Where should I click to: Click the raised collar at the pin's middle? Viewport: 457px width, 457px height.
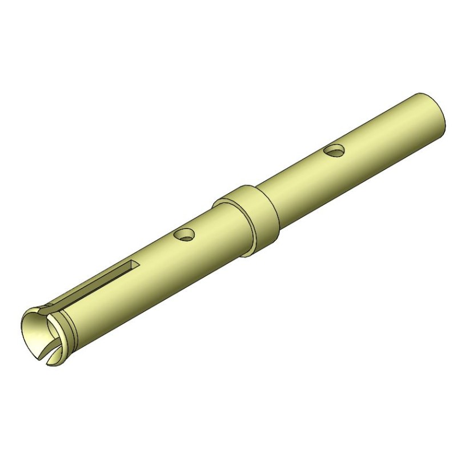click(x=251, y=220)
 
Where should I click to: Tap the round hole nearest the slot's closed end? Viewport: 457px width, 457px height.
click(x=185, y=234)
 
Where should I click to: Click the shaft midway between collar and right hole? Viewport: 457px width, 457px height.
click(x=297, y=177)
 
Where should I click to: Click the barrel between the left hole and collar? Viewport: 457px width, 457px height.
click(x=211, y=228)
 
